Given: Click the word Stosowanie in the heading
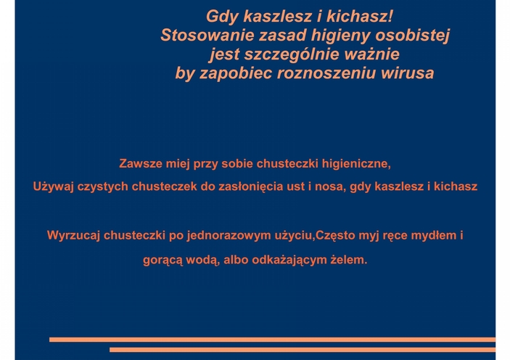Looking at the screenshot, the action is tap(207, 35).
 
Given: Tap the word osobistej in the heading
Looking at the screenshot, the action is tap(412, 36).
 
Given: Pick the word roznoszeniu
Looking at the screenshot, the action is tap(326, 73).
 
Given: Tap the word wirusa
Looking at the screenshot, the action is tap(408, 73).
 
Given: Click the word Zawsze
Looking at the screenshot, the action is tap(141, 163).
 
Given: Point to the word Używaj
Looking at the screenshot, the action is tap(54, 187).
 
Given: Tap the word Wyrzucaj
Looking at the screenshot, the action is tap(73, 235).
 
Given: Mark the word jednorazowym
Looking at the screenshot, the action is tap(229, 236).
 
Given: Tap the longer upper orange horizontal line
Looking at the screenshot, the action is tap(272, 340).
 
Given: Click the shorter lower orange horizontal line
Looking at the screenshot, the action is tap(303, 350).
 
